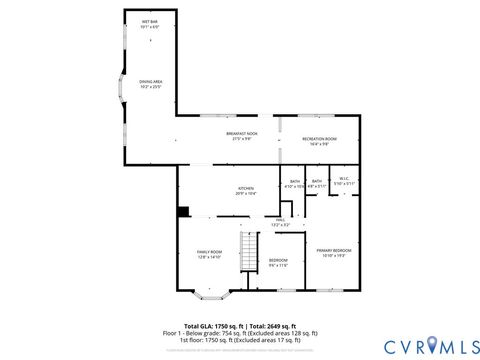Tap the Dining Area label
pyautogui.click(x=149, y=83)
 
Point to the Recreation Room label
pyautogui.click(x=319, y=139)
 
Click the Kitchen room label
pyautogui.click(x=245, y=187)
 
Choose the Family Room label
pyautogui.click(x=209, y=251)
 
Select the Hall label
pyautogui.click(x=281, y=219)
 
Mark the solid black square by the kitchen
pyautogui.click(x=182, y=211)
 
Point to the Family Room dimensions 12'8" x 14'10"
pyautogui.click(x=209, y=257)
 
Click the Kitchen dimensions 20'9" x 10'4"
pyautogui.click(x=245, y=192)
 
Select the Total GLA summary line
pyautogui.click(x=239, y=326)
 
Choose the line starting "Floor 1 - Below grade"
pyautogui.click(x=239, y=333)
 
